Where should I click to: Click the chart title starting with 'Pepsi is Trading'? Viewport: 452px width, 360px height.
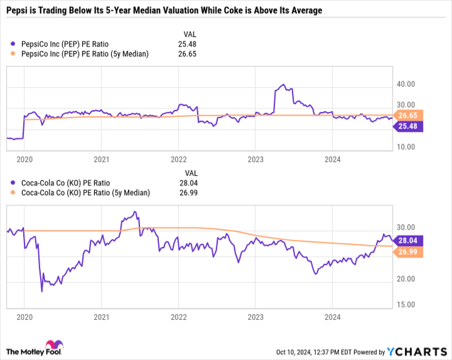click(x=165, y=11)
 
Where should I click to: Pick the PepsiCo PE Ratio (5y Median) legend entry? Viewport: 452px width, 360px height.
click(x=84, y=54)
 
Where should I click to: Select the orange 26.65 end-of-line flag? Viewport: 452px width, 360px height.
click(x=407, y=115)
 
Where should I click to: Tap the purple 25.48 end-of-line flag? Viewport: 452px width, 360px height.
click(x=407, y=127)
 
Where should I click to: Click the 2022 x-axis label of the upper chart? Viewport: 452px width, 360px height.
click(x=178, y=158)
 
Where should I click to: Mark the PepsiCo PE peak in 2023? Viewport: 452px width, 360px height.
click(x=282, y=85)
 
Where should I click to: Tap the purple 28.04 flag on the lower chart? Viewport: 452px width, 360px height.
click(x=407, y=239)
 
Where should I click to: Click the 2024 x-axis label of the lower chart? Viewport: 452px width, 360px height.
click(x=332, y=317)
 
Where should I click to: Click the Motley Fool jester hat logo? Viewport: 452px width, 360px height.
click(x=49, y=346)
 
